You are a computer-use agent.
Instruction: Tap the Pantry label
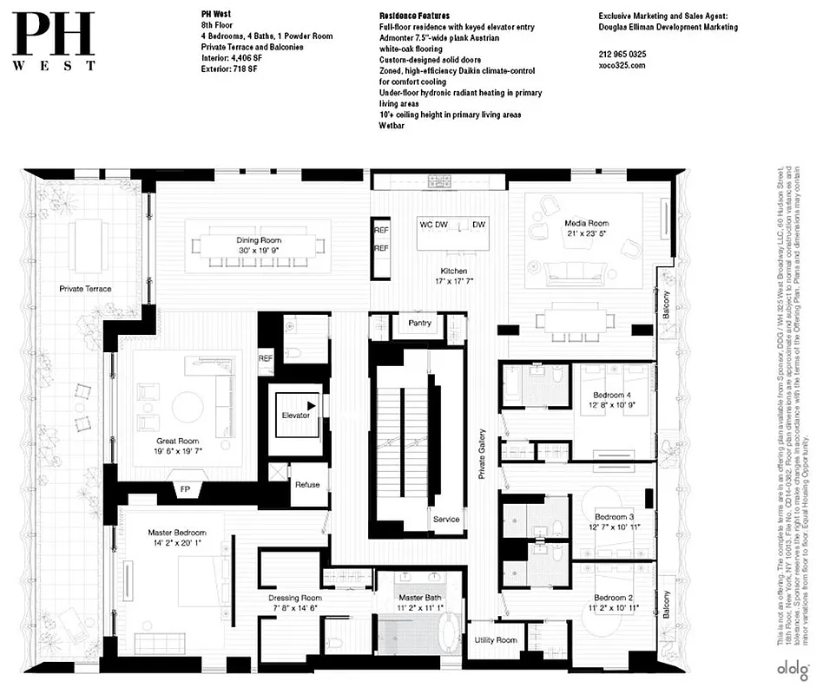pos(425,323)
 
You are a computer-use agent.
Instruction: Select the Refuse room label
pos(307,485)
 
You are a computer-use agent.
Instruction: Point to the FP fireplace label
pos(185,489)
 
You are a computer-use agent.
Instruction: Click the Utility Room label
pos(496,640)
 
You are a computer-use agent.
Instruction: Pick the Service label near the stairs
pos(446,520)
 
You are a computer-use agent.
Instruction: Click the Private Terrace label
pos(85,289)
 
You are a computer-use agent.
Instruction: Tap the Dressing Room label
pos(295,599)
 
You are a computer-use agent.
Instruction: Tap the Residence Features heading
pos(415,16)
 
